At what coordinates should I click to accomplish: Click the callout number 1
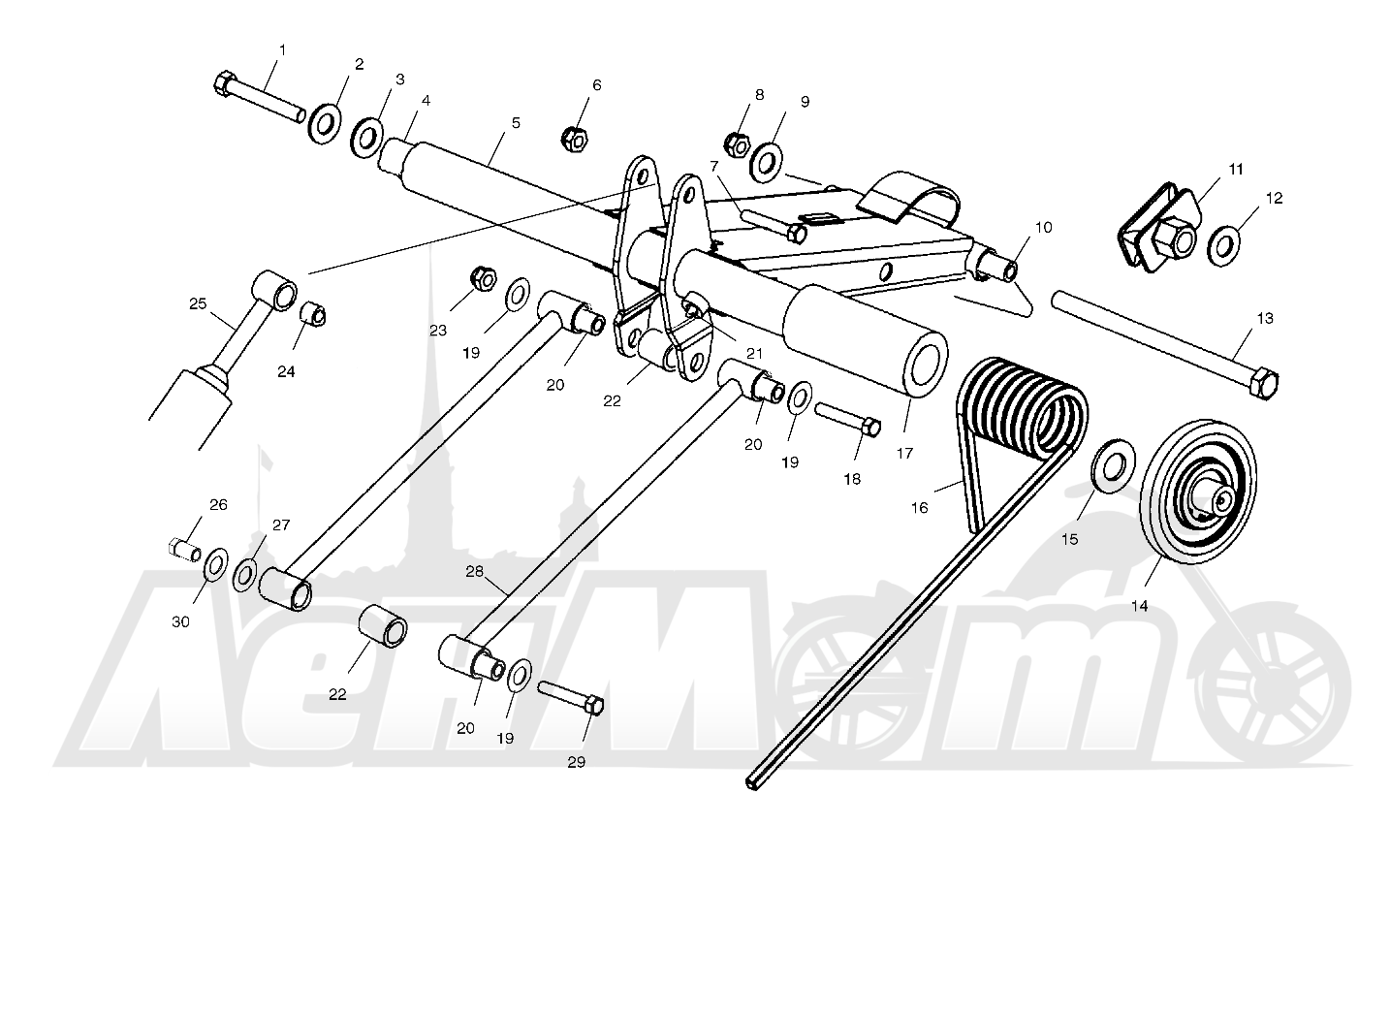[283, 50]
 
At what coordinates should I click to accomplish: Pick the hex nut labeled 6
[575, 139]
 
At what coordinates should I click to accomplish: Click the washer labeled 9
[767, 163]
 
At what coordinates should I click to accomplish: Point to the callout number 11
[1236, 170]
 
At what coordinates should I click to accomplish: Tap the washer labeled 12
[1223, 246]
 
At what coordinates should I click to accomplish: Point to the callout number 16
[919, 508]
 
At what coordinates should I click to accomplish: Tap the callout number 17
[904, 453]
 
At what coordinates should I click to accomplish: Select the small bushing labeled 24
[313, 313]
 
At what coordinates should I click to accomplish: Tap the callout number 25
[198, 303]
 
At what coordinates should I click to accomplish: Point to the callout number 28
[474, 571]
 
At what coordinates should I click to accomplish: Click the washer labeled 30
[215, 565]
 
